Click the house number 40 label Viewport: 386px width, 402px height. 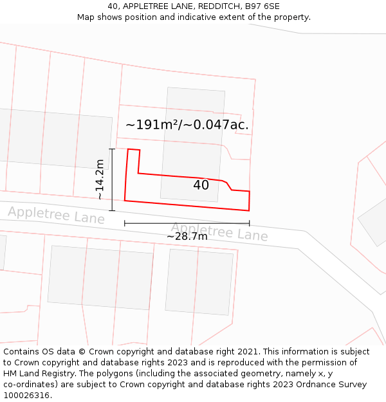coord(201,185)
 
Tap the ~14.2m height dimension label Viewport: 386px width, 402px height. coord(100,179)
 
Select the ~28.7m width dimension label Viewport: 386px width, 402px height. coord(187,237)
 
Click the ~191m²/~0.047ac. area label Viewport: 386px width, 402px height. coord(187,125)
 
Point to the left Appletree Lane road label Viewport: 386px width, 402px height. coord(56,215)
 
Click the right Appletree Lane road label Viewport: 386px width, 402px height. coord(219,232)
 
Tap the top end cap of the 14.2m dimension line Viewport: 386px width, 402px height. coord(112,149)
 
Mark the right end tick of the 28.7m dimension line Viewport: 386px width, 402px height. coord(249,223)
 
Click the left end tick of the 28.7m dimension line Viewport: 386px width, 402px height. coord(125,223)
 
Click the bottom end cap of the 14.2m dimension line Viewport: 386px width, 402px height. coord(112,210)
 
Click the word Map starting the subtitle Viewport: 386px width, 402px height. coord(86,17)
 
